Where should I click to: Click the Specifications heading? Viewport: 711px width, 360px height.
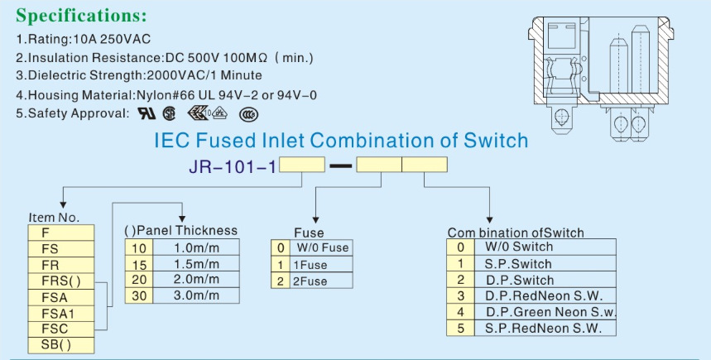pos(81,16)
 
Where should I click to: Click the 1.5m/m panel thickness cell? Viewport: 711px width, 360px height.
pos(196,263)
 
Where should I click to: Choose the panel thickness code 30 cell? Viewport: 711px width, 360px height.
pos(137,295)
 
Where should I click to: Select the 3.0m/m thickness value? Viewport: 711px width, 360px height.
pos(196,295)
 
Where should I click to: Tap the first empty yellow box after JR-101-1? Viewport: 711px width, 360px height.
pos(302,165)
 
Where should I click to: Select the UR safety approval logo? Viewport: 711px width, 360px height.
pos(146,113)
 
